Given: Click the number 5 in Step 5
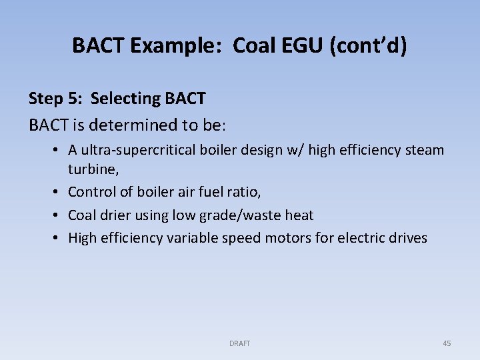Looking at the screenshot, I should click(x=77, y=99).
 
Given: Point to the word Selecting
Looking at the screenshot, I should click(x=125, y=99).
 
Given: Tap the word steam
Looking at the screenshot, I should click(x=423, y=149).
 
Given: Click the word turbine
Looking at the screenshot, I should click(x=91, y=169).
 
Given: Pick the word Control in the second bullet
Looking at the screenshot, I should click(x=91, y=192).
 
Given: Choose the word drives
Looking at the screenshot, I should click(x=405, y=237).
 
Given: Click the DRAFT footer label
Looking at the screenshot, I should click(x=239, y=343).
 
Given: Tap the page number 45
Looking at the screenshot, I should click(x=447, y=343).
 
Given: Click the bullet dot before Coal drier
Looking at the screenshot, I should click(x=56, y=215).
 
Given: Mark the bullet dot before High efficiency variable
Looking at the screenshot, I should click(x=56, y=237).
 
